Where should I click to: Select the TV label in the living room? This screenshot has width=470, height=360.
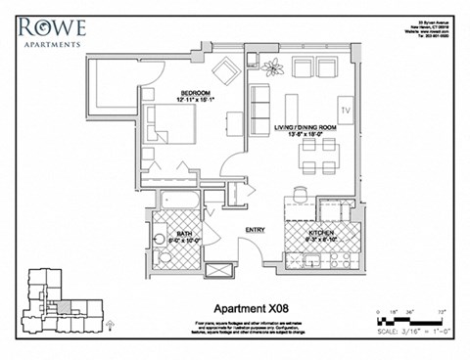pos(345,107)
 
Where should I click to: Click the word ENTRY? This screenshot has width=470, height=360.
pos(255,230)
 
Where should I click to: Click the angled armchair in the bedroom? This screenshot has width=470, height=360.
pos(225,71)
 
